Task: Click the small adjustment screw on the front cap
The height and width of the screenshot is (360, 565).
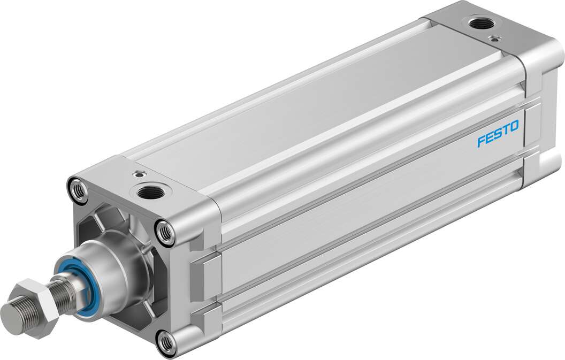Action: [x=140, y=173]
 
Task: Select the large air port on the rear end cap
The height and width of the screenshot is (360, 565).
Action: [x=475, y=23]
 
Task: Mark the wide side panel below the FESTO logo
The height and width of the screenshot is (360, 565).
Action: [x=375, y=230]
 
